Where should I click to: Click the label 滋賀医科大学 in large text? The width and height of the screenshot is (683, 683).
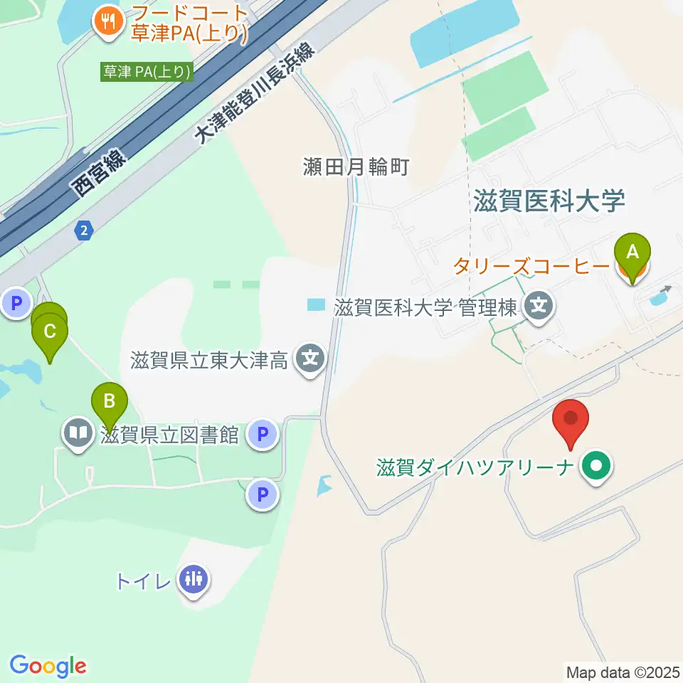549,201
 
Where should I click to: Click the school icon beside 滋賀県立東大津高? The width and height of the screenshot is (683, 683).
311,360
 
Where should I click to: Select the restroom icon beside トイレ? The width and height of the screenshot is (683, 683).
193,578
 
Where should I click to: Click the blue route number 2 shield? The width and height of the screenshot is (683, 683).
85,230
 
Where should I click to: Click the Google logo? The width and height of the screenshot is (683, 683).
48,666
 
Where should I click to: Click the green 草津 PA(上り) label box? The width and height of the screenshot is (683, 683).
147,72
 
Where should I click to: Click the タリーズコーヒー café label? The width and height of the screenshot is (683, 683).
530,266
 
